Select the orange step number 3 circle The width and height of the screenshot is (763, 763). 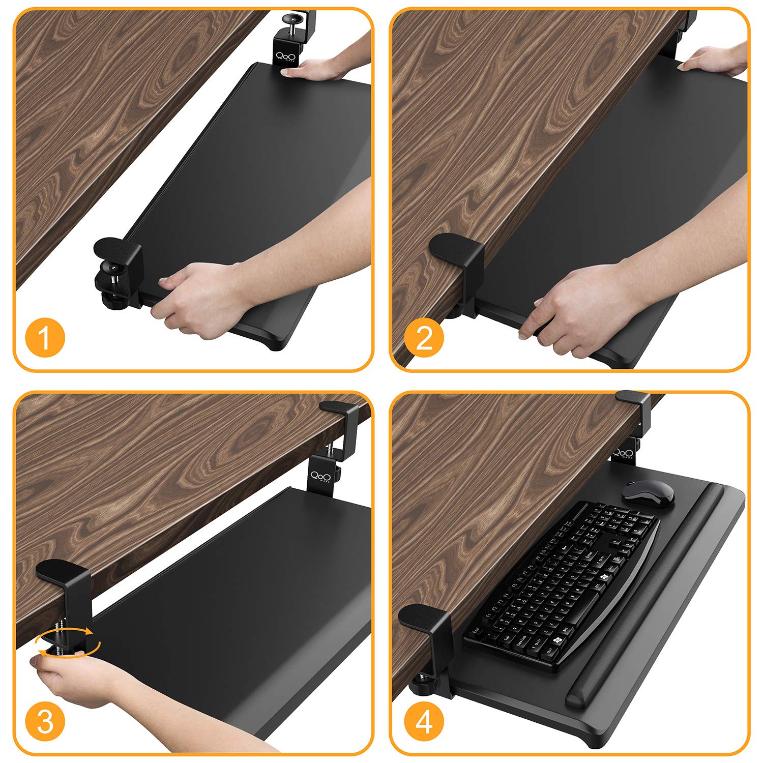click(x=45, y=722)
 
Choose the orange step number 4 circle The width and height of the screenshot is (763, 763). click(x=424, y=722)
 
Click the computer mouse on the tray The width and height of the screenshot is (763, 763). click(x=648, y=493)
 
